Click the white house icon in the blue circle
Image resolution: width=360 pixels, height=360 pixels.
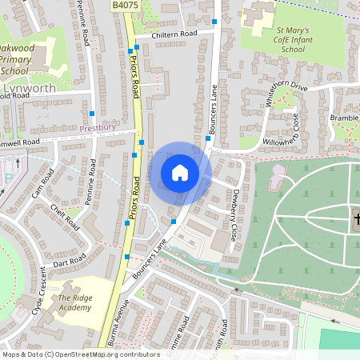pyautogui.click(x=180, y=173)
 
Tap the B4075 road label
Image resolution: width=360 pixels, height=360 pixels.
pyautogui.click(x=124, y=6)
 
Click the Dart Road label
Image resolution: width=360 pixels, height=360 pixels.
pyautogui.click(x=70, y=261)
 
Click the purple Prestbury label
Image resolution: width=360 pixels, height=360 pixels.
pyautogui.click(x=98, y=127)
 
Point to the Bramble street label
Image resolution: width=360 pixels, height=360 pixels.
pyautogui.click(x=345, y=117)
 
